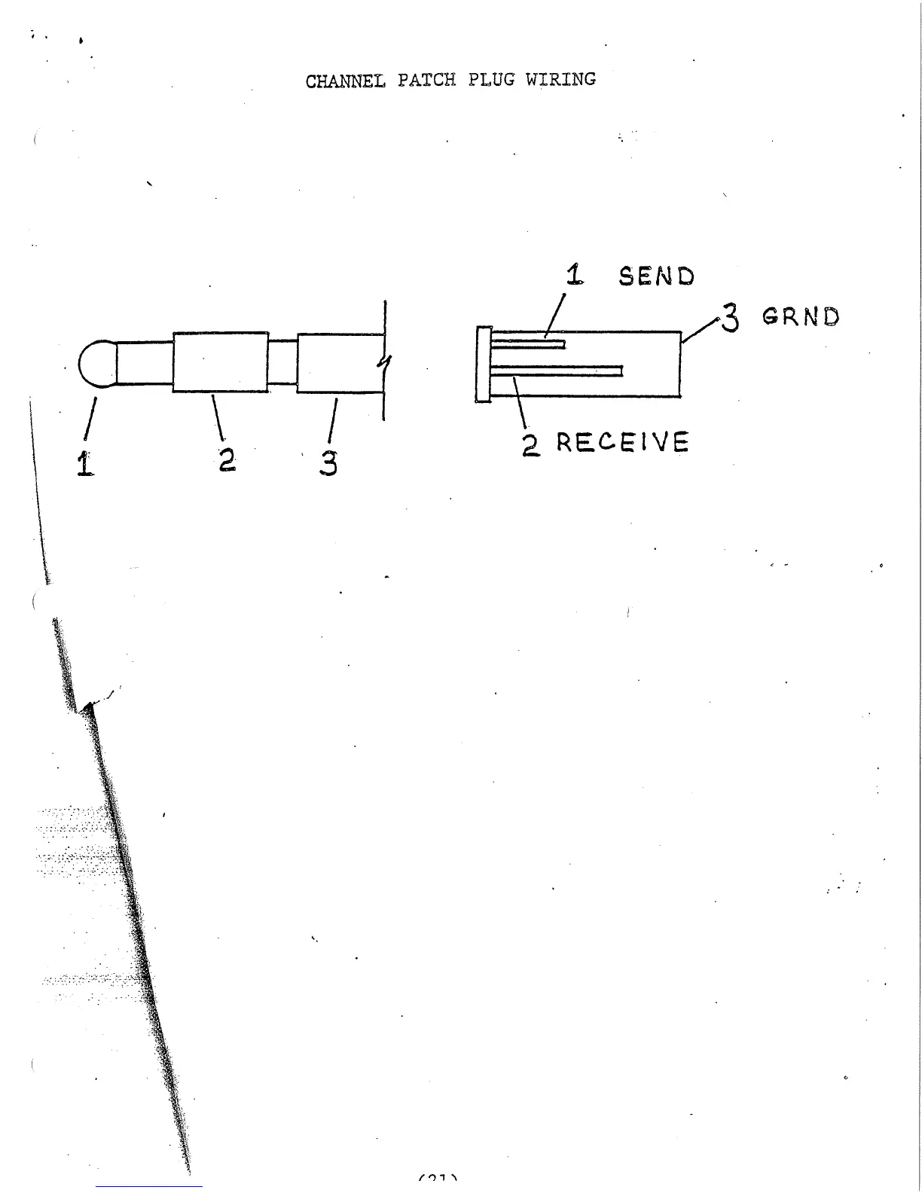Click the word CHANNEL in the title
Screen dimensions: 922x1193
click(345, 81)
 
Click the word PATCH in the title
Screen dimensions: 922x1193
click(426, 80)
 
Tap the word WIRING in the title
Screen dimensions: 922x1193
click(560, 79)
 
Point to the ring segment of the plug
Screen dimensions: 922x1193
click(220, 362)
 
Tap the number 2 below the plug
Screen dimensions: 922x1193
click(227, 459)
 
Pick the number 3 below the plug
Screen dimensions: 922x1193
click(328, 462)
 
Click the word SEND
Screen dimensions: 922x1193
click(656, 276)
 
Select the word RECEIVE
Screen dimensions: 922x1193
click(622, 442)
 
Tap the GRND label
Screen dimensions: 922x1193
click(801, 316)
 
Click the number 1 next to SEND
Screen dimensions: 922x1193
click(575, 275)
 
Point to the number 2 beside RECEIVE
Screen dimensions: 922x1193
click(531, 444)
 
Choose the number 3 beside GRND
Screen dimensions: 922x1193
click(730, 318)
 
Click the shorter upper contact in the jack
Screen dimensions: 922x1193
click(528, 344)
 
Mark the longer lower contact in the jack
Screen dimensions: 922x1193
click(557, 371)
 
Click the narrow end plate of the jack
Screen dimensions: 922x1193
click(484, 365)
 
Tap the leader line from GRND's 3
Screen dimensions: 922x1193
click(701, 330)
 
